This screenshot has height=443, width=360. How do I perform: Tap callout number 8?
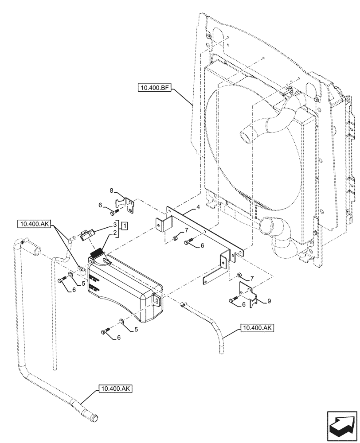click(x=112, y=191)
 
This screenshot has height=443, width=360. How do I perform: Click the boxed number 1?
click(x=125, y=226)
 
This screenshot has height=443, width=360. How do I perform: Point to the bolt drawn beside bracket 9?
click(x=233, y=301)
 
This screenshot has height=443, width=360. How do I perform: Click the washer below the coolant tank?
click(x=121, y=320)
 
